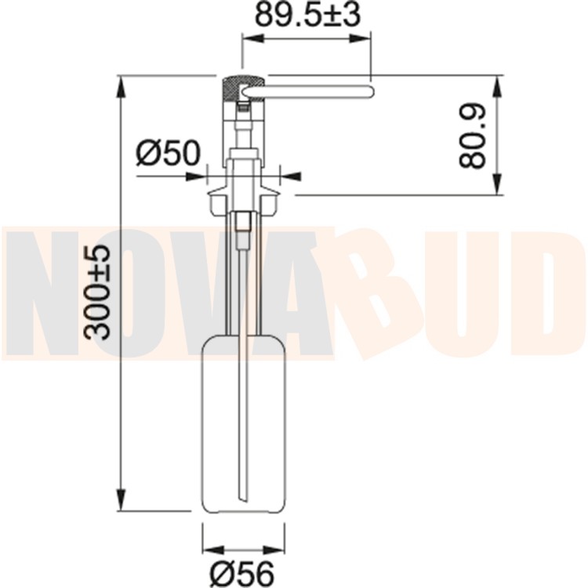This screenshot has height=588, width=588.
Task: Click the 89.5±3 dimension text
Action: tap(307, 15)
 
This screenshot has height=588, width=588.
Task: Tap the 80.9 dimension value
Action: tap(472, 136)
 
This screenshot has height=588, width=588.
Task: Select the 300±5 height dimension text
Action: tap(97, 292)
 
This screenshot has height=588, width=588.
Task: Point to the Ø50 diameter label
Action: tap(169, 153)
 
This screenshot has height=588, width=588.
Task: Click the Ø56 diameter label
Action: tap(242, 574)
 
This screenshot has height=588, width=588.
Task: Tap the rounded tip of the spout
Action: tap(372, 92)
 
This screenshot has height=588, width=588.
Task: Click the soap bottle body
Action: tap(243, 423)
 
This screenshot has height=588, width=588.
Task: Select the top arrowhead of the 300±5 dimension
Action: tap(121, 86)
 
